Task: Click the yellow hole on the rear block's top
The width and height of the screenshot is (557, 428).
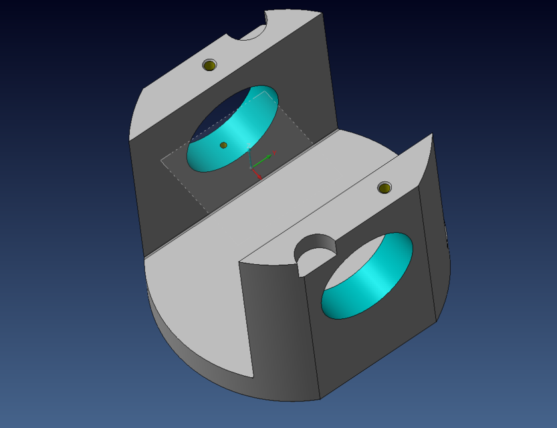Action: [x=210, y=65]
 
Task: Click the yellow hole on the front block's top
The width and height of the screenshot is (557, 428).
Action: [x=384, y=188]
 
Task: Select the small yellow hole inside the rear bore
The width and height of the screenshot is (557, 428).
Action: [x=223, y=145]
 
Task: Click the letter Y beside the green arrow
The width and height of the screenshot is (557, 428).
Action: [x=274, y=153]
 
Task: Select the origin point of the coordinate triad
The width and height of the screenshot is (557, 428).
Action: [x=251, y=167]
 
